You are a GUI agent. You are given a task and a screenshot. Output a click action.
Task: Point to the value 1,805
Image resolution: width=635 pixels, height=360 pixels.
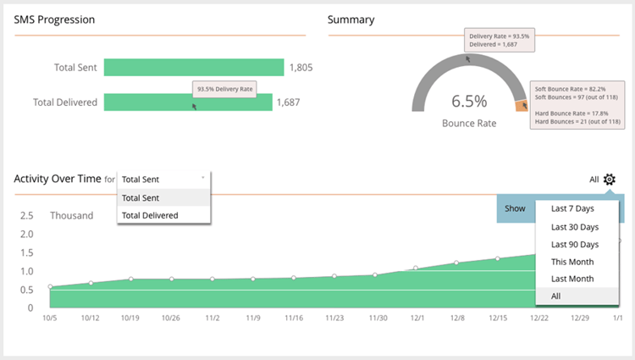click(301, 67)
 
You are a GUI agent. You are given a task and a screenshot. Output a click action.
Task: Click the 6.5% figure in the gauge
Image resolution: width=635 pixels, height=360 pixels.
click(468, 101)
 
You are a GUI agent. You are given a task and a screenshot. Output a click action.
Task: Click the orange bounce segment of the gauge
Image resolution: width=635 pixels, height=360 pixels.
click(522, 106)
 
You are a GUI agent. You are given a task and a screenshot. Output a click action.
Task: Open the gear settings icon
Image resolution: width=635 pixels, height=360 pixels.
click(610, 180)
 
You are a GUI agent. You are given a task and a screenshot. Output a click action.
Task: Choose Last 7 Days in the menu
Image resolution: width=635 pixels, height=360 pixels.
click(572, 208)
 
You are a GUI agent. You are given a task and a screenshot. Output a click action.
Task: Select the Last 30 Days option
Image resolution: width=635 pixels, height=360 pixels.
click(574, 226)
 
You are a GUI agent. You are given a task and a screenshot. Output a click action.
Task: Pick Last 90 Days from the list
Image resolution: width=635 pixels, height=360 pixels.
click(574, 244)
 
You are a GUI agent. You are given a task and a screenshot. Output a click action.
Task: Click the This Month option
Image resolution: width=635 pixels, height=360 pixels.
click(572, 262)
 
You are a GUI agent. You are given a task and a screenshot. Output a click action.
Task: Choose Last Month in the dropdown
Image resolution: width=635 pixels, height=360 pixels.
click(572, 279)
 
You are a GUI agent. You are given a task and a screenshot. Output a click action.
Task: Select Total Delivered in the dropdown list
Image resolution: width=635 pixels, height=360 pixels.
click(150, 215)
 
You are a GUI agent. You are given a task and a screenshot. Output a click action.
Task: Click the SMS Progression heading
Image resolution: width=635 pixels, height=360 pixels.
click(54, 19)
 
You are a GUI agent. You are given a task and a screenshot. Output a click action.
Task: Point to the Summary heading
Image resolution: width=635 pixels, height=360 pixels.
click(351, 19)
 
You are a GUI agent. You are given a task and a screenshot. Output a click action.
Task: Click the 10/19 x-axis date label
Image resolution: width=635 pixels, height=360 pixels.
click(130, 318)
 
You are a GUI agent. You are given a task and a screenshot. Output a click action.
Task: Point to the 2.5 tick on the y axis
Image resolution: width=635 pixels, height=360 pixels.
click(26, 215)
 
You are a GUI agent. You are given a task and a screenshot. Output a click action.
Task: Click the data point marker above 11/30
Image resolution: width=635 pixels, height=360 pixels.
click(375, 275)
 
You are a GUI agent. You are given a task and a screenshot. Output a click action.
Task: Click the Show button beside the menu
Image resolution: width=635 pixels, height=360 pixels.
click(515, 208)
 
